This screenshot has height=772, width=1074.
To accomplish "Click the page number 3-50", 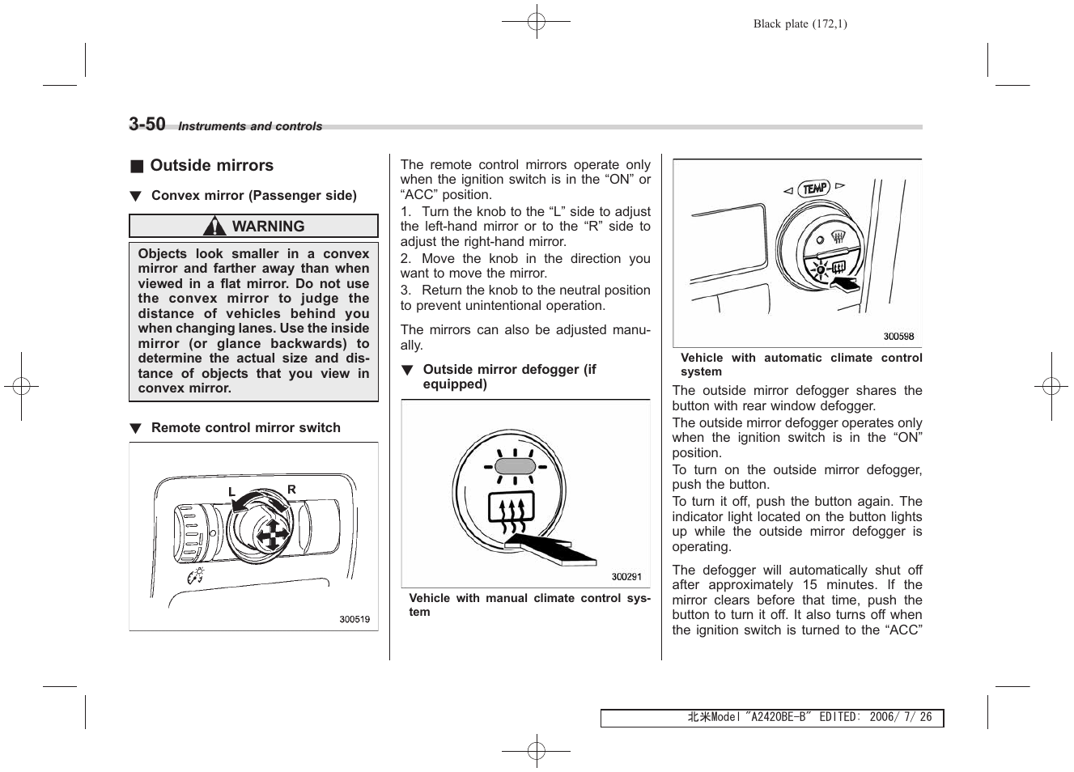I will click(146, 124).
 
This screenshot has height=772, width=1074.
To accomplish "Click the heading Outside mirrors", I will click(211, 166).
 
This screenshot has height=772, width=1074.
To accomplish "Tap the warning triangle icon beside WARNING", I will click(214, 227).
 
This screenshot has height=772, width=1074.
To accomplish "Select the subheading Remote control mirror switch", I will click(245, 428).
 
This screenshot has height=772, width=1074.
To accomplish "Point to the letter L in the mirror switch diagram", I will click(231, 492).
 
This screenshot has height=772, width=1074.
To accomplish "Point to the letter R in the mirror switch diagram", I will click(291, 490).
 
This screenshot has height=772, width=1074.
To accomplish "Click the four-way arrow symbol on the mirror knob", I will click(270, 535).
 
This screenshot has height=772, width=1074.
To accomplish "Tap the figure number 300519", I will click(354, 619).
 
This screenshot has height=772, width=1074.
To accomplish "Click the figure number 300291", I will click(626, 577).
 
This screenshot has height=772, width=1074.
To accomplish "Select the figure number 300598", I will click(898, 337).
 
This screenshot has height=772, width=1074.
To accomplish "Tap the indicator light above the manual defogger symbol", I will click(514, 467).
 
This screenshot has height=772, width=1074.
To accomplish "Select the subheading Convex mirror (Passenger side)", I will click(253, 196).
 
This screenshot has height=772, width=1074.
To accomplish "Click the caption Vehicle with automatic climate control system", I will click(800, 365).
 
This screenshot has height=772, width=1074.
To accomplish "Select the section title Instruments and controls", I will click(250, 126).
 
